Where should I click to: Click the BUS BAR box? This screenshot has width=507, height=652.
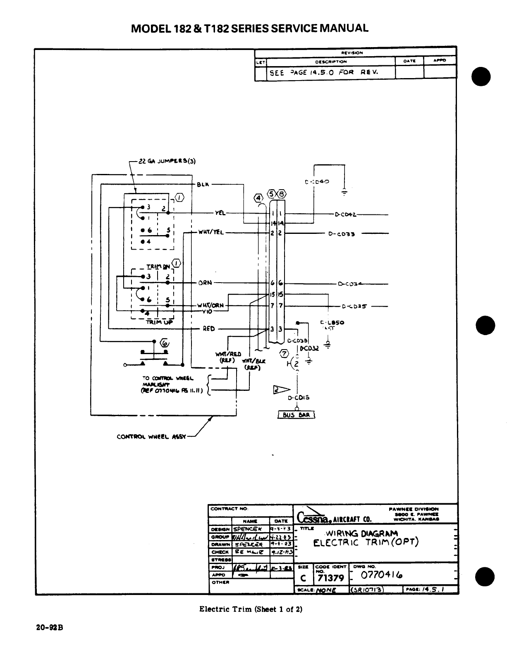296,415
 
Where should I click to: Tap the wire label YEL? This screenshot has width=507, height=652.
220,213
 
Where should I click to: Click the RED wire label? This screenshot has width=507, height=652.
209,329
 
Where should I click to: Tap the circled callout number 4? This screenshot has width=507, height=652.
259,198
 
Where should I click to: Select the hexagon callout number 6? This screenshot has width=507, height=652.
165,343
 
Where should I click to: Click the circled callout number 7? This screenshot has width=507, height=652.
284,353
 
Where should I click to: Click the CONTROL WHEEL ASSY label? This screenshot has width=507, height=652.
151,436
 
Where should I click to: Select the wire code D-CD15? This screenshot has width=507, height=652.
299,398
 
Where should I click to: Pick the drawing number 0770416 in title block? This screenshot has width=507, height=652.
382,575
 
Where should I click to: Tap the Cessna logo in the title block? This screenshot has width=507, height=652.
316,516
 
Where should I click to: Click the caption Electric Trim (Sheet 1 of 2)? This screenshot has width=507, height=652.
251,609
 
